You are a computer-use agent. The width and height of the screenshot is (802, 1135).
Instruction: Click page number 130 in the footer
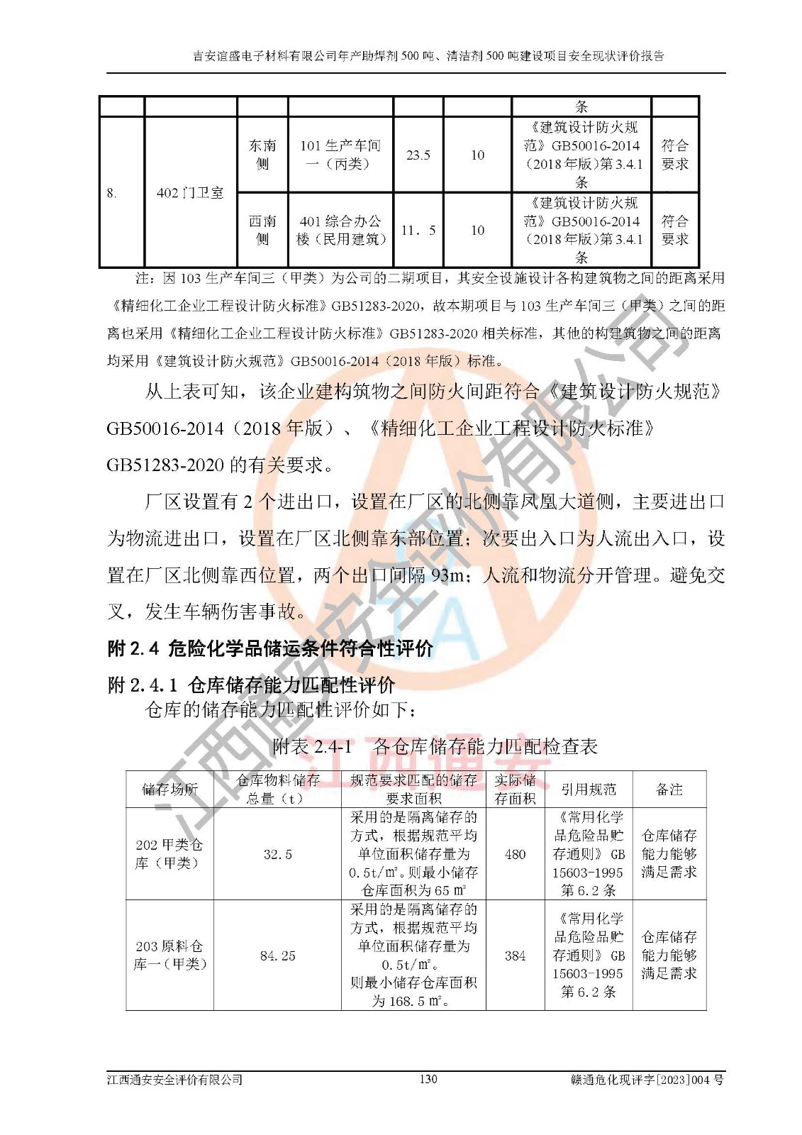click(428, 1079)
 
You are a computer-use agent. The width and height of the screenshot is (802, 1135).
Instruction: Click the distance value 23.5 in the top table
click(418, 155)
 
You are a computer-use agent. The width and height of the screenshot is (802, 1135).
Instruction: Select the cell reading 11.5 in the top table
click(418, 231)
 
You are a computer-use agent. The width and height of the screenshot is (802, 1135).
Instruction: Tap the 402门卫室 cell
click(190, 192)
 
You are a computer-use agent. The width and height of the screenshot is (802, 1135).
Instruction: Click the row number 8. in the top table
click(112, 193)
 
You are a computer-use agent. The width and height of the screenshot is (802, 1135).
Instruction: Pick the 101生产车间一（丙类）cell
click(340, 155)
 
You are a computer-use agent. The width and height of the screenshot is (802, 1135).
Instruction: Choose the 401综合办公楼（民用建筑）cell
click(340, 231)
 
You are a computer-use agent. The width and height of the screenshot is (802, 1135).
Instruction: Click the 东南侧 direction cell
click(262, 155)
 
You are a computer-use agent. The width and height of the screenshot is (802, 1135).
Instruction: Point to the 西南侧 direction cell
click(262, 231)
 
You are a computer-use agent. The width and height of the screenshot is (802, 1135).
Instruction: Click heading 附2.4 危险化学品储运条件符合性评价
click(269, 648)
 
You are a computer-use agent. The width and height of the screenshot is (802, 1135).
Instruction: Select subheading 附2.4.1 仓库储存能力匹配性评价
click(251, 685)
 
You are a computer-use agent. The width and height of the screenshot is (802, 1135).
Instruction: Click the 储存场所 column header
click(170, 789)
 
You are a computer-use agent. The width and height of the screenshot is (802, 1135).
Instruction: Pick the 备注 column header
click(669, 789)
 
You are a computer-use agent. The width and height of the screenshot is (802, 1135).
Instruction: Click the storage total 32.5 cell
click(277, 854)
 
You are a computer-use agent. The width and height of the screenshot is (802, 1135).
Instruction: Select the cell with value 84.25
click(277, 956)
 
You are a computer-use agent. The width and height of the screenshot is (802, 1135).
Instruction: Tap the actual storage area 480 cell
click(515, 854)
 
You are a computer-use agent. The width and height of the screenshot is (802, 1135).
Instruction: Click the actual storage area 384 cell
click(515, 956)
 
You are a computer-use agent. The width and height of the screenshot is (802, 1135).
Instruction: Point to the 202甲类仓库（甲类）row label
click(169, 854)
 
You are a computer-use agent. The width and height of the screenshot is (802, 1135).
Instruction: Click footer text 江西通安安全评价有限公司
click(174, 1080)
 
